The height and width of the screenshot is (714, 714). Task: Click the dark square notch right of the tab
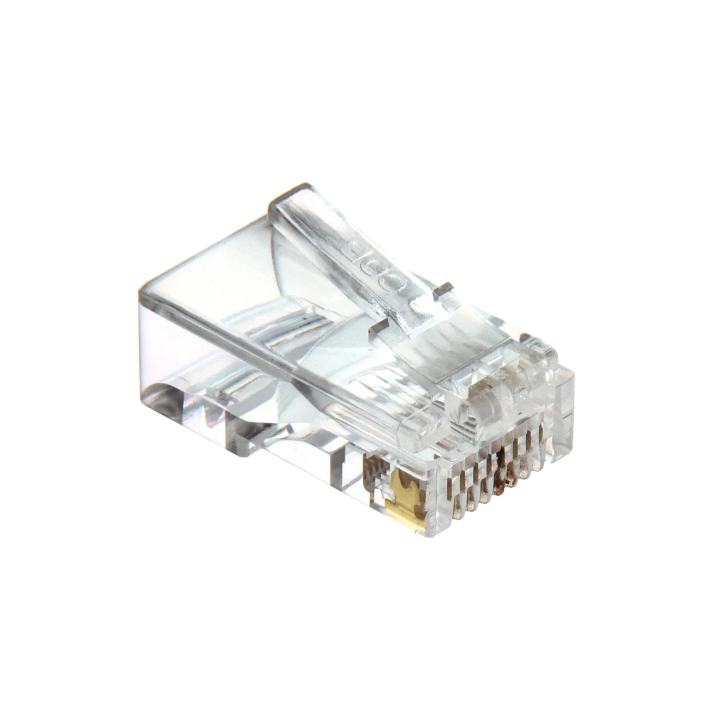pyautogui.click(x=444, y=289)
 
